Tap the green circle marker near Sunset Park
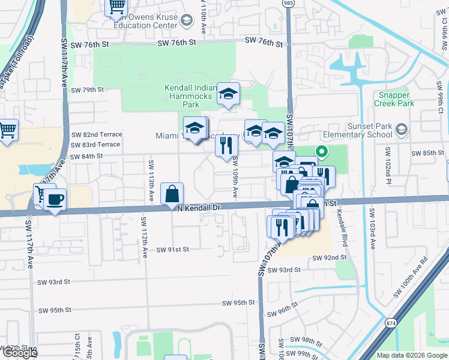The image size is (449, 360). click(x=322, y=152)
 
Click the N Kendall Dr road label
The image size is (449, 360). click(x=199, y=208)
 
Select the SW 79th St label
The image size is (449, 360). click(x=87, y=89)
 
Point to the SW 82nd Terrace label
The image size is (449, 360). click(x=96, y=134)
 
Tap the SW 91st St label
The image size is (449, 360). click(x=173, y=249)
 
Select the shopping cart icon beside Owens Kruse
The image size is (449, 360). click(x=116, y=6)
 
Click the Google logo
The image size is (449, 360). click(x=20, y=353)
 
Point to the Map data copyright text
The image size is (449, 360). click(x=411, y=355)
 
